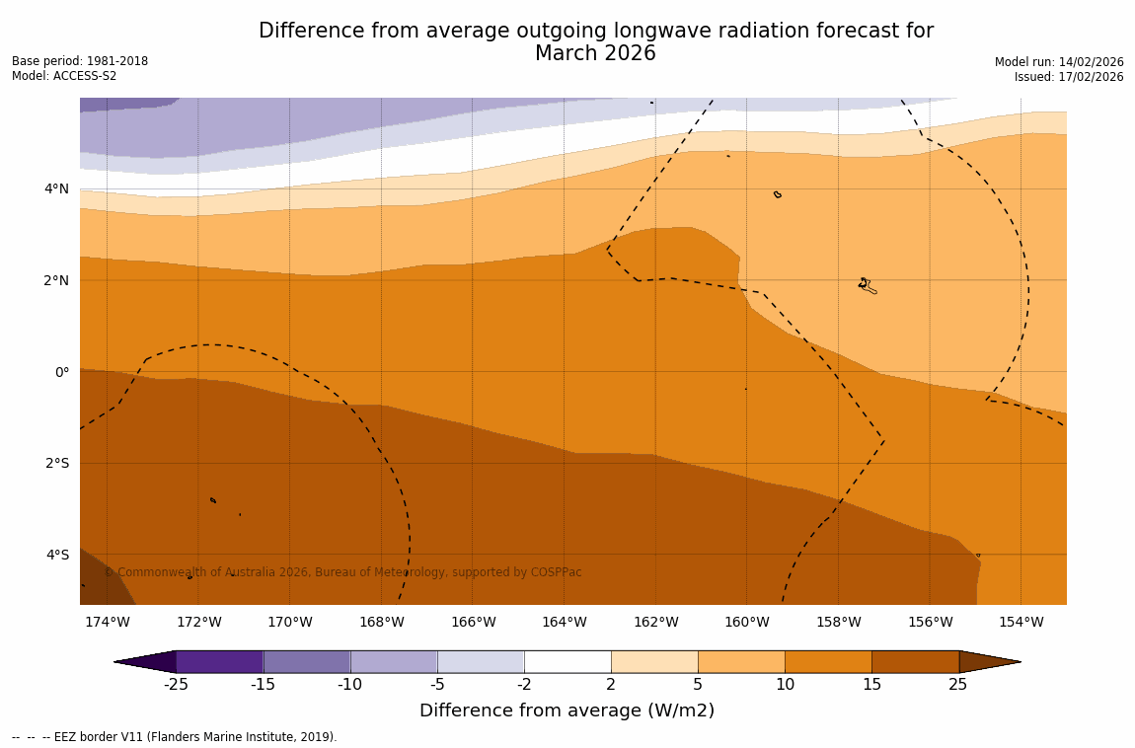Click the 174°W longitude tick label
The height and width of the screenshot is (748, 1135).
coord(107,622)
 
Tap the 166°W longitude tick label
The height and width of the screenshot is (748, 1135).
coord(473,622)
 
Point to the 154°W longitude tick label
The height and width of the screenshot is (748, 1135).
coord(1021,622)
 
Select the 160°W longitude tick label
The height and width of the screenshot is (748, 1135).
coord(746,622)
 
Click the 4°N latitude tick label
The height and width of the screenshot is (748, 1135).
coord(57,188)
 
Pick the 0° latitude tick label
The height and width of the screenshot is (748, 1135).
coord(62,372)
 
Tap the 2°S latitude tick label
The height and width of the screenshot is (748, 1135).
coord(57,463)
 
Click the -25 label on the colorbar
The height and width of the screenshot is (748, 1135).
coord(176,685)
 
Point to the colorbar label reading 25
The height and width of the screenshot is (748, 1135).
coord(958,685)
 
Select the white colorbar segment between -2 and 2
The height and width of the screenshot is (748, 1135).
coord(567,661)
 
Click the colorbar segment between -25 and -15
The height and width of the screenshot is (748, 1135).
coord(219,661)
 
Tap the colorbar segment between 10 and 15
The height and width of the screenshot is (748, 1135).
coord(828,661)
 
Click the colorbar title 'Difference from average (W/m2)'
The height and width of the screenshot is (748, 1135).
coord(567,711)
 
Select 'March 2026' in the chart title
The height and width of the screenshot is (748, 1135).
coord(595,54)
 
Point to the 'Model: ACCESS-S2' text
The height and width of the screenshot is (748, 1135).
coord(64,76)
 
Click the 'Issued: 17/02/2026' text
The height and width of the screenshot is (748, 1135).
coord(1069,77)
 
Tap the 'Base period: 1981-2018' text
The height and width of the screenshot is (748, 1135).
coord(80,61)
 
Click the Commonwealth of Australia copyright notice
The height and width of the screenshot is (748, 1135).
coord(342,572)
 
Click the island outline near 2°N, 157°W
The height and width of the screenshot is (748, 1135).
coord(867,285)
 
